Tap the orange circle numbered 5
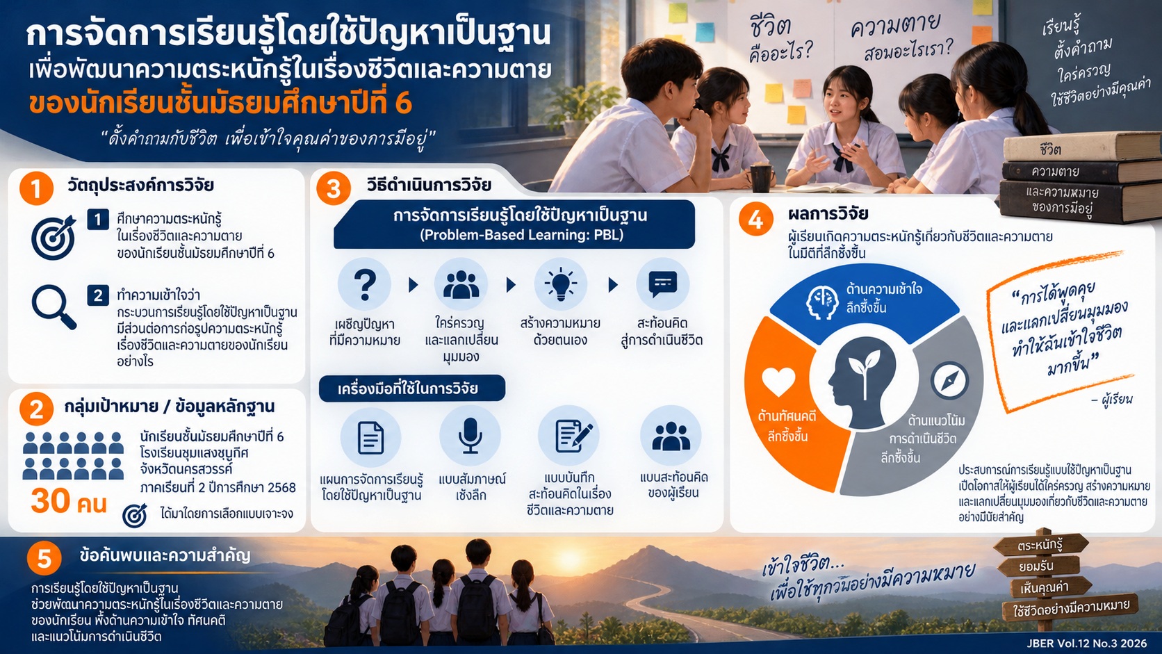click(44, 559)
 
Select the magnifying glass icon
click(54, 307)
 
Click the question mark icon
click(365, 285)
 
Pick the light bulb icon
click(560, 284)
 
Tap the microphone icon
click(470, 436)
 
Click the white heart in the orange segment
click(778, 381)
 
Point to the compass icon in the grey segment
click(949, 381)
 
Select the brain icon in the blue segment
click(821, 302)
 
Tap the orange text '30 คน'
click(69, 502)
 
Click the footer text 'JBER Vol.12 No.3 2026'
click(1087, 643)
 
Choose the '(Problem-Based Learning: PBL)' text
click(521, 235)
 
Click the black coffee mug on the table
click(762, 177)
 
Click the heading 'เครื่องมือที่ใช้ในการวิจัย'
click(408, 389)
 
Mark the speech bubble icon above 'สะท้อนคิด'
click(662, 284)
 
